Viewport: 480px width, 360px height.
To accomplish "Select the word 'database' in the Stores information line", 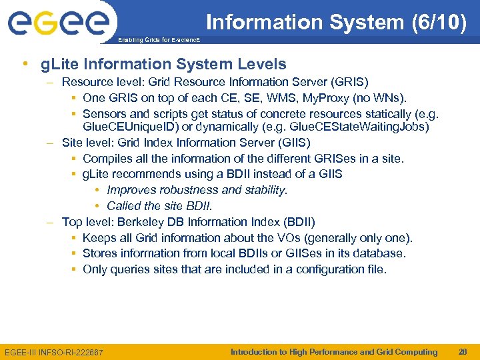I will pyautogui.click(x=381, y=253).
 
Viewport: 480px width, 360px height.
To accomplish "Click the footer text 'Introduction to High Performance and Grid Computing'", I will pyautogui.click(x=333, y=352).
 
